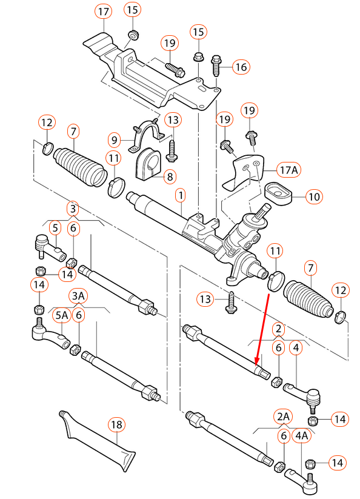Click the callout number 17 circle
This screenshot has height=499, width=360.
(x=104, y=11)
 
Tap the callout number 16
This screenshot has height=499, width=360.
(x=241, y=67)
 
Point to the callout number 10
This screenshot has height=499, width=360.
(x=313, y=196)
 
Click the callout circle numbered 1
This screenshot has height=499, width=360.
(x=180, y=195)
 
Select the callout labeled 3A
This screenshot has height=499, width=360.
(x=79, y=295)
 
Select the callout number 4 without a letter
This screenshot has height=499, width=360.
(x=296, y=349)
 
